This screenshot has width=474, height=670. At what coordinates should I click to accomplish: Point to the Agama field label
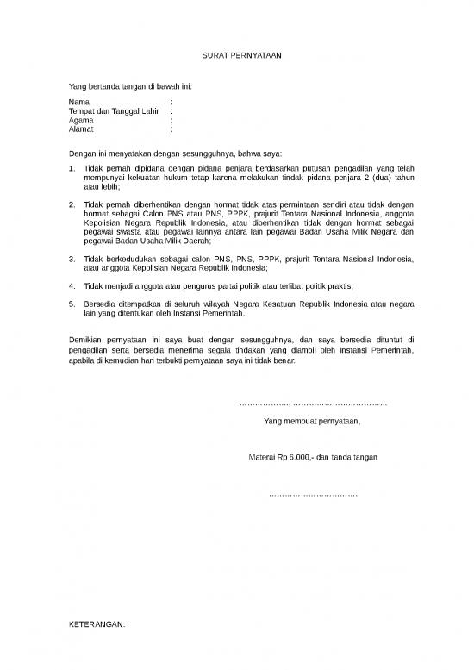(x=81, y=121)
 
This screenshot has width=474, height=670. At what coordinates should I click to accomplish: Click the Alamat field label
(x=81, y=129)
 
